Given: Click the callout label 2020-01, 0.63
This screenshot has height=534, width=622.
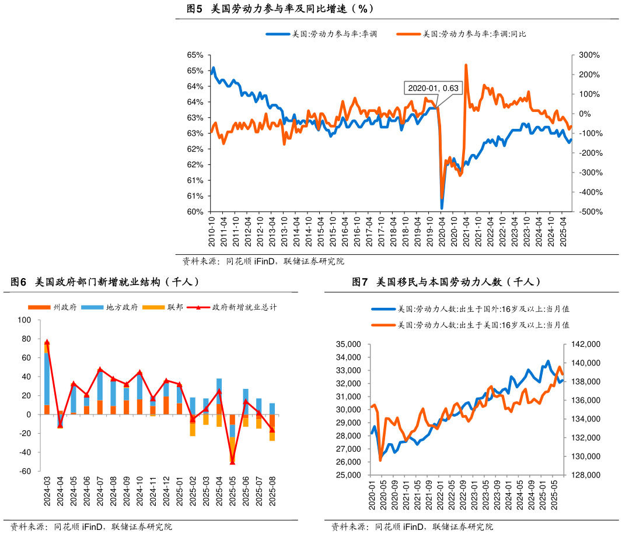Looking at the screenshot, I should (433, 88).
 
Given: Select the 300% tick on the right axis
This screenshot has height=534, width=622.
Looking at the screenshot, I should (589, 55).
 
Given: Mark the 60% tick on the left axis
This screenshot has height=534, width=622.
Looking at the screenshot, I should (195, 212).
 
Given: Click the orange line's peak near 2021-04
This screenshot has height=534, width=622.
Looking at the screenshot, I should (466, 65).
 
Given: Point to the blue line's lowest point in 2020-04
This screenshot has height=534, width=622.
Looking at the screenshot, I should (442, 208).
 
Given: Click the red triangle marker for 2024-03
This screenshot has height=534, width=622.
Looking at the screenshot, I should (47, 342).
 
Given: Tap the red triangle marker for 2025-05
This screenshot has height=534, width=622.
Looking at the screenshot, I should (232, 462).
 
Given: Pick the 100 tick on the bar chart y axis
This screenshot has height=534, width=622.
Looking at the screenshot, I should (25, 320).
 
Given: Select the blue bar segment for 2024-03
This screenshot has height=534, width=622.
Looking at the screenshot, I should (47, 379).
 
